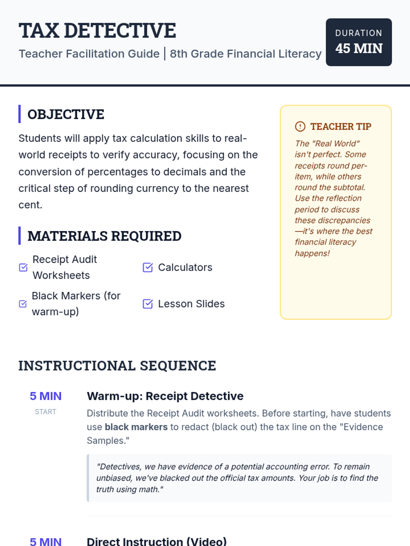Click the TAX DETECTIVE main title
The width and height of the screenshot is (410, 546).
click(97, 31)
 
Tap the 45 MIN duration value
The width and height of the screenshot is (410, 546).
click(359, 48)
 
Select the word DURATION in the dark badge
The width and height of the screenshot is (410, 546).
click(359, 33)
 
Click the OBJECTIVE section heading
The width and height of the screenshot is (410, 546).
click(66, 114)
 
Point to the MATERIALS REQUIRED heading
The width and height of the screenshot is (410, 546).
click(104, 236)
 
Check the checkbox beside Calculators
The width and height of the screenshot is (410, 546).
click(148, 268)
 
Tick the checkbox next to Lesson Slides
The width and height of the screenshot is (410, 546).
click(148, 304)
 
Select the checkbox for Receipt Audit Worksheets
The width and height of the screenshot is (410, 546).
click(23, 267)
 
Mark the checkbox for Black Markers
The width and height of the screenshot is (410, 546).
click(23, 304)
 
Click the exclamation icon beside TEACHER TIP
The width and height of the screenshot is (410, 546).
click(300, 127)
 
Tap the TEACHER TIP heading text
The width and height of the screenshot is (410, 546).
click(341, 127)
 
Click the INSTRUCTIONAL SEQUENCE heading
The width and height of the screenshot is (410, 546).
click(117, 366)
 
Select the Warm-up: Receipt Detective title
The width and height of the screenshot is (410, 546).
click(165, 396)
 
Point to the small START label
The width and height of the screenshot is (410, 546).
click(45, 412)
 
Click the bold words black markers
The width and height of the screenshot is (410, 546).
click(136, 427)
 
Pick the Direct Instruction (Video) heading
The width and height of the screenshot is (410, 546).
click(157, 542)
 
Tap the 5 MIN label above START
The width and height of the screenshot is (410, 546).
click(45, 396)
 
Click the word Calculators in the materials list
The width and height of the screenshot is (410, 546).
click(185, 268)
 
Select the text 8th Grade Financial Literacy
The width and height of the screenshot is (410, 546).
click(246, 54)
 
